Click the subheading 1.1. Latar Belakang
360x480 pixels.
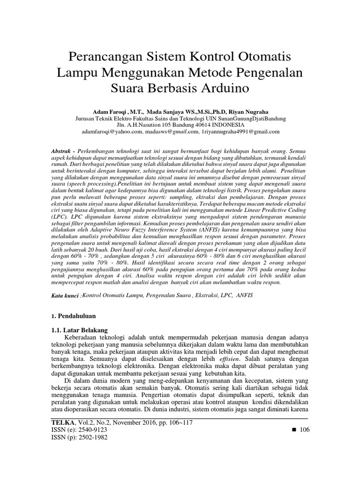point(80,330)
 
